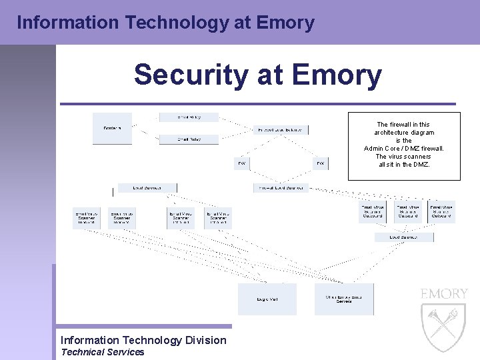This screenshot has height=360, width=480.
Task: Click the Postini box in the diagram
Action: [x=112, y=129]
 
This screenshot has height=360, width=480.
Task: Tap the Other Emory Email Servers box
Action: [x=344, y=299]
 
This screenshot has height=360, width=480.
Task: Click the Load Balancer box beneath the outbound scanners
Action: [x=403, y=237]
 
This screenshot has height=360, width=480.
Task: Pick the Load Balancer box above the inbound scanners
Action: [x=147, y=188]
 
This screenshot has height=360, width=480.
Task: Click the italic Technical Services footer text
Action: [x=103, y=352]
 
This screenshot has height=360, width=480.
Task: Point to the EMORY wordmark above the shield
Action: [x=444, y=294]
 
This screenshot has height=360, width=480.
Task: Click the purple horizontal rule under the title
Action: [x=257, y=104]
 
